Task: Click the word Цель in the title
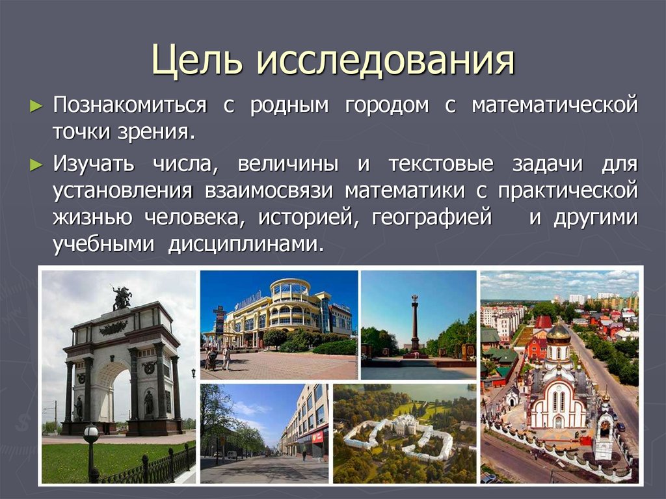coord(197,60)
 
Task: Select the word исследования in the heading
coord(386,60)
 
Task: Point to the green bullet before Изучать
coord(36,165)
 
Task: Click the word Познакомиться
coord(130,105)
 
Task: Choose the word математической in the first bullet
coord(555,105)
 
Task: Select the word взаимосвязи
coord(269,191)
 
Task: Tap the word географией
coord(432,218)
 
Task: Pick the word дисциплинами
coord(246,245)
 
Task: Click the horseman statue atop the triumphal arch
coord(122,297)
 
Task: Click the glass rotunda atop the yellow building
coord(290,289)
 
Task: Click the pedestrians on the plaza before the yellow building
coord(218,358)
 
